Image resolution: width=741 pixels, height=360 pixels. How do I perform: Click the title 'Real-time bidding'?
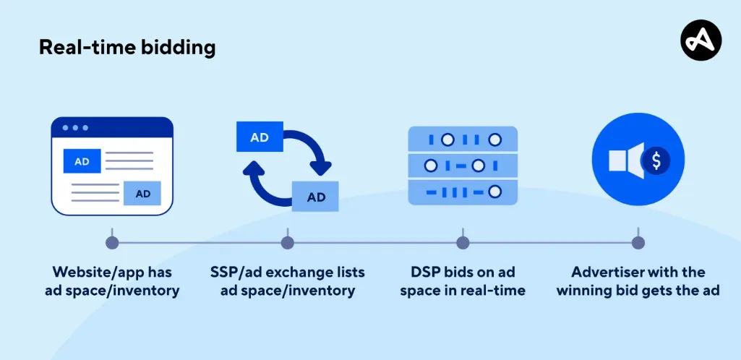(127, 48)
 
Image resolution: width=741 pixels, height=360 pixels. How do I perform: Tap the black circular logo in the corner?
(701, 40)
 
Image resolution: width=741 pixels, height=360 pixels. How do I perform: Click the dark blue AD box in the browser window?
(82, 161)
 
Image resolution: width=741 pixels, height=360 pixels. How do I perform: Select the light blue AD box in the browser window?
(142, 193)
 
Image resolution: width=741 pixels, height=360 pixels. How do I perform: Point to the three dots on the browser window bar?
(74, 128)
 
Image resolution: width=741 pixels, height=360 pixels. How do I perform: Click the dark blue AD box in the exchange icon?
(260, 137)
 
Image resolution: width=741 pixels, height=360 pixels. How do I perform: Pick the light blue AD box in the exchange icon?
(316, 197)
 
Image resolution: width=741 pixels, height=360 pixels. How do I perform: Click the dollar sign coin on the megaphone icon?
(656, 160)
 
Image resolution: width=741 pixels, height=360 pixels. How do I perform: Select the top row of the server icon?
(463, 139)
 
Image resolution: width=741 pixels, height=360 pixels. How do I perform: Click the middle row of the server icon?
(463, 166)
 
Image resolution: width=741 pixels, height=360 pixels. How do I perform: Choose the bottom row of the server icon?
(463, 192)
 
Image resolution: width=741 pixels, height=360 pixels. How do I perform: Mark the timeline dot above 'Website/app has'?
(111, 242)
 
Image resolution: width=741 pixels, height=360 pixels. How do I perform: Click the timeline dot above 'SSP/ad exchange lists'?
(287, 242)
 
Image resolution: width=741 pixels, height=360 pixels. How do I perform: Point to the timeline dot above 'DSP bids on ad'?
(463, 242)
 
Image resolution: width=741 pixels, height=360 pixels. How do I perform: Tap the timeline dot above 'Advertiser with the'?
(638, 242)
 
